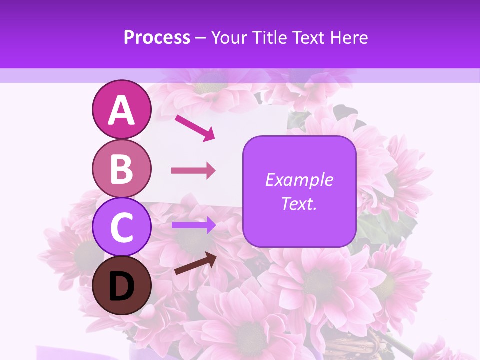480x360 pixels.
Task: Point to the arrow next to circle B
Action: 193,171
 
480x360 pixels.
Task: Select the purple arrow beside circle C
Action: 193,225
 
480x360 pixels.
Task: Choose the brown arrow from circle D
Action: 195,263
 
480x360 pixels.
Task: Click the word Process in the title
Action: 157,37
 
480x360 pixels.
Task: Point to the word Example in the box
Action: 299,180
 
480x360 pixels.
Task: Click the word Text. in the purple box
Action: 299,204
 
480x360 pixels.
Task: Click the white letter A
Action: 121,111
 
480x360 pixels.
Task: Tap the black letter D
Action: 121,287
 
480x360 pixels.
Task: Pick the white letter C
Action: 121,228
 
